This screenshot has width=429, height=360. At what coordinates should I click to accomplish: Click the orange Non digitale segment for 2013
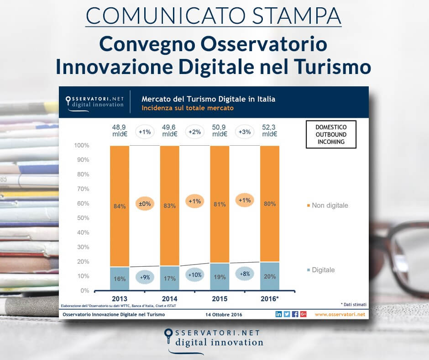pyautogui.click(x=120, y=183)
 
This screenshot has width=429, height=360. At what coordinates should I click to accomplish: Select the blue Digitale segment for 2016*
pyautogui.click(x=270, y=276)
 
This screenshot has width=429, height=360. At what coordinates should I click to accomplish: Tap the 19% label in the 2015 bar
pyautogui.click(x=220, y=277)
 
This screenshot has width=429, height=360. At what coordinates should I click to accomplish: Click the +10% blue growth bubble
pyautogui.click(x=194, y=275)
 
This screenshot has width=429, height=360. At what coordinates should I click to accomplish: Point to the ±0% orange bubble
pyautogui.click(x=144, y=203)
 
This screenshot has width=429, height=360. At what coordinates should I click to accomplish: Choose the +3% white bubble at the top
pyautogui.click(x=245, y=132)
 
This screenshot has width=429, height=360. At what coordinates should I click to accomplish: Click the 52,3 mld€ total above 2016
pyautogui.click(x=270, y=130)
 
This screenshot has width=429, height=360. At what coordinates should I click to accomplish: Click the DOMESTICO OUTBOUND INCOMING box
pyautogui.click(x=330, y=134)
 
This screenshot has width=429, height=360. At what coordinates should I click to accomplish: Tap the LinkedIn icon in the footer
pyautogui.click(x=279, y=314)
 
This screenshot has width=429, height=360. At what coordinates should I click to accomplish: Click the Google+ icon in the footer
pyautogui.click(x=303, y=314)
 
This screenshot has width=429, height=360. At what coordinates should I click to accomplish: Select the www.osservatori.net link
pyautogui.click(x=340, y=314)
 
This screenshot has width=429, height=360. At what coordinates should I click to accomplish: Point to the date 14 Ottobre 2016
pyautogui.click(x=224, y=314)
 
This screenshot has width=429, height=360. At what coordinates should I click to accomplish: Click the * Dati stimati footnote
pyautogui.click(x=353, y=304)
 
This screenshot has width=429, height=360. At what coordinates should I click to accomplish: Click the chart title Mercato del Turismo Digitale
pyautogui.click(x=208, y=99)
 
